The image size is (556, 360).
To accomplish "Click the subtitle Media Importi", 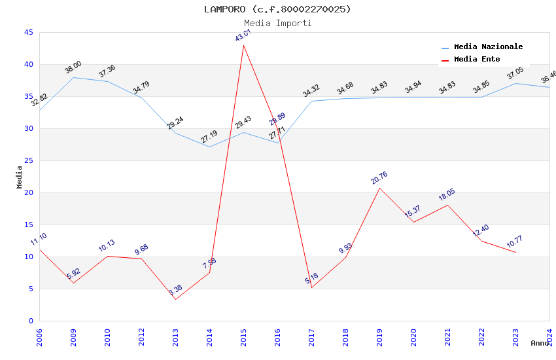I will tap(277, 23).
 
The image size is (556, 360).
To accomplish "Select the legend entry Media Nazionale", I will tap(488, 47).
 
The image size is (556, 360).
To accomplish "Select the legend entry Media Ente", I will tap(477, 60).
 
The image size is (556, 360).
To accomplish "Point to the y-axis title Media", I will tap(20, 177).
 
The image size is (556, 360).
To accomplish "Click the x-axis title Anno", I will tap(540, 343).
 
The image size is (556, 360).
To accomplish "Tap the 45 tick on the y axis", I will tap(28, 33).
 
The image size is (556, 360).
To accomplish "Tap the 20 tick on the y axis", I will tap(28, 193).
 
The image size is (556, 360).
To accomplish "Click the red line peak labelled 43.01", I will tap(243, 45).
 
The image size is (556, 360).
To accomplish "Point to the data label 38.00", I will tap(73, 67).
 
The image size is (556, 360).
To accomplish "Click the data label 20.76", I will tap(379, 177).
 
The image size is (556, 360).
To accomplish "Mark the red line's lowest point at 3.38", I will tap(175, 299).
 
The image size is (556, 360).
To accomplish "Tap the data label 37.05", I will tap(515, 73).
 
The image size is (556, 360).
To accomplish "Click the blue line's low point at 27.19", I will tap(209, 147).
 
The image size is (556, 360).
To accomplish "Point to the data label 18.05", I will tap(447, 195).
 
